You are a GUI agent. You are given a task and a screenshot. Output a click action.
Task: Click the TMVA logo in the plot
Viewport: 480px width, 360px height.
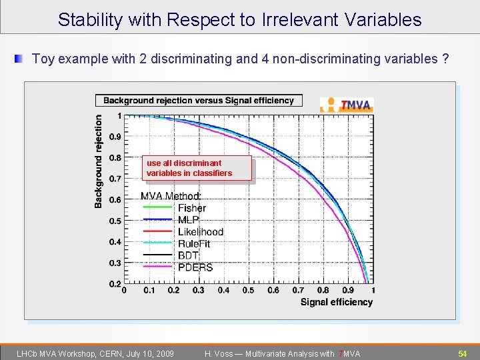point(347,105)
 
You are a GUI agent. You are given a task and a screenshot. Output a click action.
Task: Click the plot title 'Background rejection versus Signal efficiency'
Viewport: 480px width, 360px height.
point(199,101)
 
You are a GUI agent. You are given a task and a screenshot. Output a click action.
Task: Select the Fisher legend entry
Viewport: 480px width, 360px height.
point(191,208)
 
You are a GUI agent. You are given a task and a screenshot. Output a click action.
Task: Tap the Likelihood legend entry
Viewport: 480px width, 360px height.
point(200,232)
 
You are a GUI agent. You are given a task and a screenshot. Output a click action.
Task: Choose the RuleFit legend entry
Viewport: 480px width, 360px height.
point(193,244)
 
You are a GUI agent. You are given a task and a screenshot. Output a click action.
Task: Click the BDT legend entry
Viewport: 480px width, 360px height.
point(188,255)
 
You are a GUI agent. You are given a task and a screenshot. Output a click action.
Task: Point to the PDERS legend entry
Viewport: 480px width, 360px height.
point(195,267)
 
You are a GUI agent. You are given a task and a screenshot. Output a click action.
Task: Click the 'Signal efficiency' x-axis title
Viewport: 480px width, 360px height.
point(336,302)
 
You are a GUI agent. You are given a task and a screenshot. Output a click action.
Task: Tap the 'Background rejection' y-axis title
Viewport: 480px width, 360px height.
point(99,160)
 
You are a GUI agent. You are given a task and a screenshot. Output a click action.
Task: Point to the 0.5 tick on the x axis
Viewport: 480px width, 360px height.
point(248,290)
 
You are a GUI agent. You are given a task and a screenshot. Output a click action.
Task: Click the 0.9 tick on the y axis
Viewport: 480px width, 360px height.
point(115,137)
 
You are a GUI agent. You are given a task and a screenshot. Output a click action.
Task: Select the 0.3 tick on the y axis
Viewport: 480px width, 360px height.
point(115,263)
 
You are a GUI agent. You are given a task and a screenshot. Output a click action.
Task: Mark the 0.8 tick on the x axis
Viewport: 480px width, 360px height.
point(323,290)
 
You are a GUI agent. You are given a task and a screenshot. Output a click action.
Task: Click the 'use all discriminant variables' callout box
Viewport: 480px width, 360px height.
point(197,168)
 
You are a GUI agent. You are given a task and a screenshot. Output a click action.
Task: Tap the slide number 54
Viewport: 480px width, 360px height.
point(462,353)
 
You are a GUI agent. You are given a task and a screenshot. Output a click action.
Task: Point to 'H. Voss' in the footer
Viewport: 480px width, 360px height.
point(219,353)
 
